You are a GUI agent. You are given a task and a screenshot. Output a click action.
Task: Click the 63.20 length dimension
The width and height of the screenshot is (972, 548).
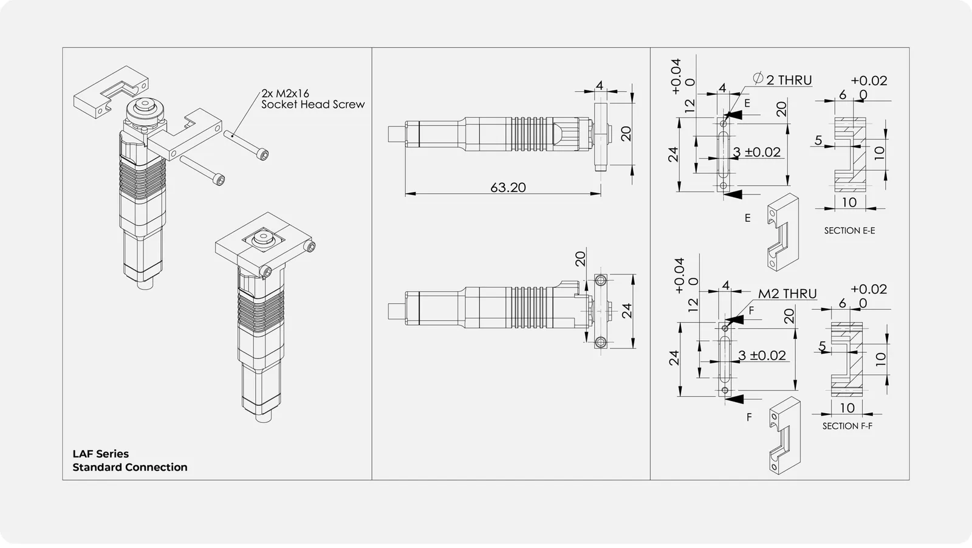click(x=508, y=188)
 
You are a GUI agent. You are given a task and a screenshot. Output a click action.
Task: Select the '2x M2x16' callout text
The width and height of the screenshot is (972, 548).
click(x=285, y=94)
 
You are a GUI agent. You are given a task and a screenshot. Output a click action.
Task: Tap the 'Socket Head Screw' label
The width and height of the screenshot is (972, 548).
click(x=313, y=104)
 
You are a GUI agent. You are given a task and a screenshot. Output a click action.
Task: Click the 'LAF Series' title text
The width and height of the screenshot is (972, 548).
click(x=101, y=454)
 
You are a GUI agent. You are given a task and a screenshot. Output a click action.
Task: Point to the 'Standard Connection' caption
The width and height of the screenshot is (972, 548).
click(x=130, y=467)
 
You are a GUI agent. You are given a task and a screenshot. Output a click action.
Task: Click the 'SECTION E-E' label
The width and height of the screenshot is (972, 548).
click(x=850, y=231)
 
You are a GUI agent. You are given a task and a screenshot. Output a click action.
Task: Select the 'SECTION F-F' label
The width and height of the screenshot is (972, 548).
click(x=847, y=426)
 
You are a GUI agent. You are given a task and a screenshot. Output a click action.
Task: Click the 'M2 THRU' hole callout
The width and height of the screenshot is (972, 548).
click(x=787, y=293)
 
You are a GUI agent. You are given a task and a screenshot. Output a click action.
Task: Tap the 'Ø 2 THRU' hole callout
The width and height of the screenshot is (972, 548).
click(x=782, y=80)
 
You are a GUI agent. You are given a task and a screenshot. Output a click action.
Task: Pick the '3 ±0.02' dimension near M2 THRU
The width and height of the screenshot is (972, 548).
click(x=762, y=355)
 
